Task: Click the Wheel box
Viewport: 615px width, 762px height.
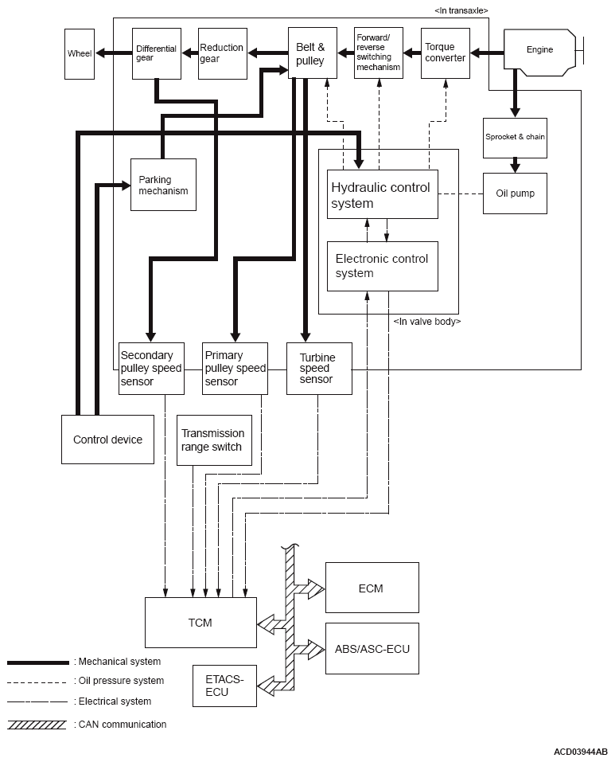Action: [80, 54]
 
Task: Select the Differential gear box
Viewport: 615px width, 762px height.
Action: [157, 53]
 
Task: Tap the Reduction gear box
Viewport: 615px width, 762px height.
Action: [223, 53]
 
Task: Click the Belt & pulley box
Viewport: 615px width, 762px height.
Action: [313, 53]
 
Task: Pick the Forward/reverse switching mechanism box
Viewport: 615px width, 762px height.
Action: [379, 53]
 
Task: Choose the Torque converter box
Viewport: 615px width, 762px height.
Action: [446, 53]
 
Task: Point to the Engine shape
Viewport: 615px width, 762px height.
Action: [540, 53]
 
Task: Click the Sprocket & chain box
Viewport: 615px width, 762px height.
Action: [515, 138]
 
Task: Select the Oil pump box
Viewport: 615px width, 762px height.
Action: [515, 193]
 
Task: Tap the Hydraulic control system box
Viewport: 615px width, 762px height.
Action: [383, 194]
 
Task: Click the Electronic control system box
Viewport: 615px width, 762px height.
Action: [383, 266]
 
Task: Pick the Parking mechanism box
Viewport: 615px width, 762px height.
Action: [164, 185]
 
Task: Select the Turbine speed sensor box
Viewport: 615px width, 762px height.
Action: [319, 369]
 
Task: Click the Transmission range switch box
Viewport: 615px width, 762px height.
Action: [214, 440]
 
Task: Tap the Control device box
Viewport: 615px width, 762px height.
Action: [107, 440]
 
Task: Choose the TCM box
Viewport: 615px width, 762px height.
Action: [201, 623]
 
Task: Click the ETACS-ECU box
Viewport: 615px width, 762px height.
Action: [224, 686]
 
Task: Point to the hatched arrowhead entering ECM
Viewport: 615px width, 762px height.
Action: [317, 588]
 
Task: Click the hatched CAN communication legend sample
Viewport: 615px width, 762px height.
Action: [37, 725]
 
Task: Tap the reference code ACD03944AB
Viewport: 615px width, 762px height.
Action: [581, 752]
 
